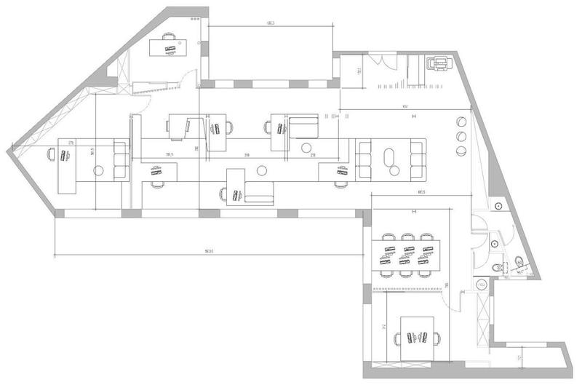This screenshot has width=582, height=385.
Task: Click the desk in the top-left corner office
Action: point(170,48)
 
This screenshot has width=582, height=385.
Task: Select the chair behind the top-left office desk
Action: point(170,36)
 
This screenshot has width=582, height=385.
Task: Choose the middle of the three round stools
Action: point(461,136)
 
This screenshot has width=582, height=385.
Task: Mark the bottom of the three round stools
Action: point(461,151)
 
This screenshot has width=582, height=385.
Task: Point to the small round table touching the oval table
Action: point(395,170)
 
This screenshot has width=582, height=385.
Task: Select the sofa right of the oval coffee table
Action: point(418,159)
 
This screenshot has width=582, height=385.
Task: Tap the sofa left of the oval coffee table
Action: point(364,159)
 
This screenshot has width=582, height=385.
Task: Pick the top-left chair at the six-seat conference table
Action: point(387,237)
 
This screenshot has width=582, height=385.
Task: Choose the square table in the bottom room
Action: point(416,338)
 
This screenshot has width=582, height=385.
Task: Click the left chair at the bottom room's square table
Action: point(396,338)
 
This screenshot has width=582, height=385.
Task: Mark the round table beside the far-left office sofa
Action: point(100,170)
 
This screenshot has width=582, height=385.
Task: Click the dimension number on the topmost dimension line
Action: point(270,23)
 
